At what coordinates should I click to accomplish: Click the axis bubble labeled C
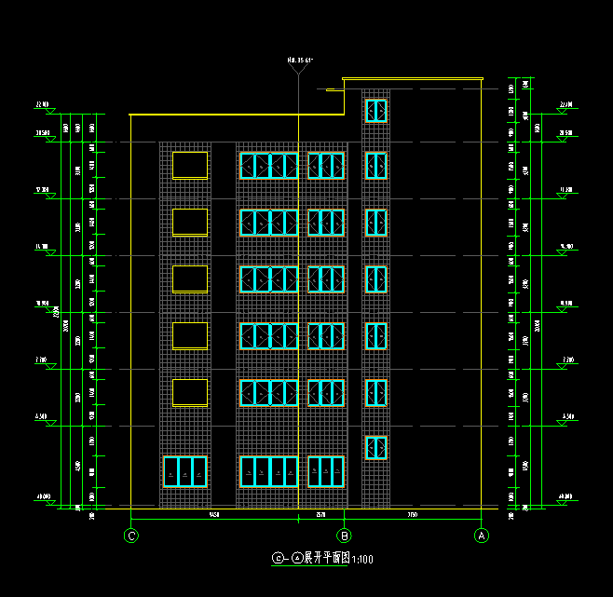131,536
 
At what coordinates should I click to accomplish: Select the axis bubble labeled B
345,536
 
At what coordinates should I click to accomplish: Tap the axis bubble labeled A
482,536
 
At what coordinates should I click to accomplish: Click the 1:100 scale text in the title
361,559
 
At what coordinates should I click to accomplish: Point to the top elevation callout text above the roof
299,60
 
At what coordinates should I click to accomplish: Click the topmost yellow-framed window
190,165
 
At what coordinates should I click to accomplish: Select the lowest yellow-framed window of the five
190,392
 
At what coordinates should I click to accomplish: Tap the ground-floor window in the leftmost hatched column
184,472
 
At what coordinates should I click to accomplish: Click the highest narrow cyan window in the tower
375,111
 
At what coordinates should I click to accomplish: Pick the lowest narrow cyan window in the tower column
375,448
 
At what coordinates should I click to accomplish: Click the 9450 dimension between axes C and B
213,514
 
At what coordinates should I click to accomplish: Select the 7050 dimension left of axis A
412,514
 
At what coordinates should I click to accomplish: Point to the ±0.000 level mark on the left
42,497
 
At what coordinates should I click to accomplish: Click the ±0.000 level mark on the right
565,497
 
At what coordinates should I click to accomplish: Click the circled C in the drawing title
277,559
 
